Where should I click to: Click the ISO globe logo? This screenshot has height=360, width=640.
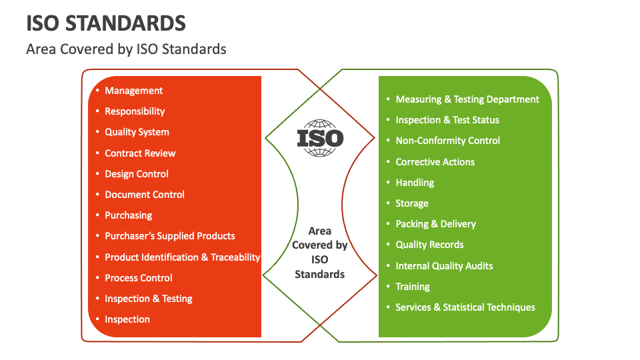pyautogui.click(x=320, y=138)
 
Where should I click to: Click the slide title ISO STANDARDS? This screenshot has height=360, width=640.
pyautogui.click(x=106, y=23)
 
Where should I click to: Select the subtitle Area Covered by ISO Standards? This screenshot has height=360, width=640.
pyautogui.click(x=126, y=49)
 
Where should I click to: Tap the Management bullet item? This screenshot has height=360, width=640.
pyautogui.click(x=133, y=91)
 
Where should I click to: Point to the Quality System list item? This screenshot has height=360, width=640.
pyautogui.click(x=137, y=132)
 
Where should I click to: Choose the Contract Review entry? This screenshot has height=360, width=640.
pyautogui.click(x=140, y=153)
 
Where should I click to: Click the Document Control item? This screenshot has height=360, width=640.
pyautogui.click(x=145, y=195)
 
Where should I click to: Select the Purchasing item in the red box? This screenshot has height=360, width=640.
pyautogui.click(x=128, y=215)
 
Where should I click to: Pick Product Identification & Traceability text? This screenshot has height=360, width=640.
pyautogui.click(x=182, y=257)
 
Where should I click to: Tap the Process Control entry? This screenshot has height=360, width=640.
pyautogui.click(x=139, y=278)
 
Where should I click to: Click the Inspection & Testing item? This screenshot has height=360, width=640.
pyautogui.click(x=149, y=299)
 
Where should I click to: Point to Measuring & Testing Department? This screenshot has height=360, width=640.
pyautogui.click(x=467, y=99)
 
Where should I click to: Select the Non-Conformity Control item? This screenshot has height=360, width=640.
pyautogui.click(x=447, y=141)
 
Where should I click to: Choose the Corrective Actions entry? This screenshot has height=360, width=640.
pyautogui.click(x=435, y=162)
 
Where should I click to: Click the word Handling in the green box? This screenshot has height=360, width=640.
pyautogui.click(x=415, y=183)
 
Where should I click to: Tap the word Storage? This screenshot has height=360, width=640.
pyautogui.click(x=412, y=203)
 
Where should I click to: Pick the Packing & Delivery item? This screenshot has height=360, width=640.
pyautogui.click(x=435, y=224)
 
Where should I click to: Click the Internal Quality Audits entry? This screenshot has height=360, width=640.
pyautogui.click(x=444, y=266)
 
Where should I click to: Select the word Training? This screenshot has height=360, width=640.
pyautogui.click(x=413, y=287)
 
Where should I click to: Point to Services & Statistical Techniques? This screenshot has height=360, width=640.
pyautogui.click(x=465, y=307)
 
